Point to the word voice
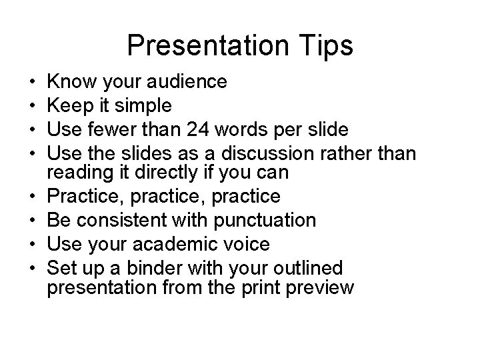pyautogui.click(x=248, y=244)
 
